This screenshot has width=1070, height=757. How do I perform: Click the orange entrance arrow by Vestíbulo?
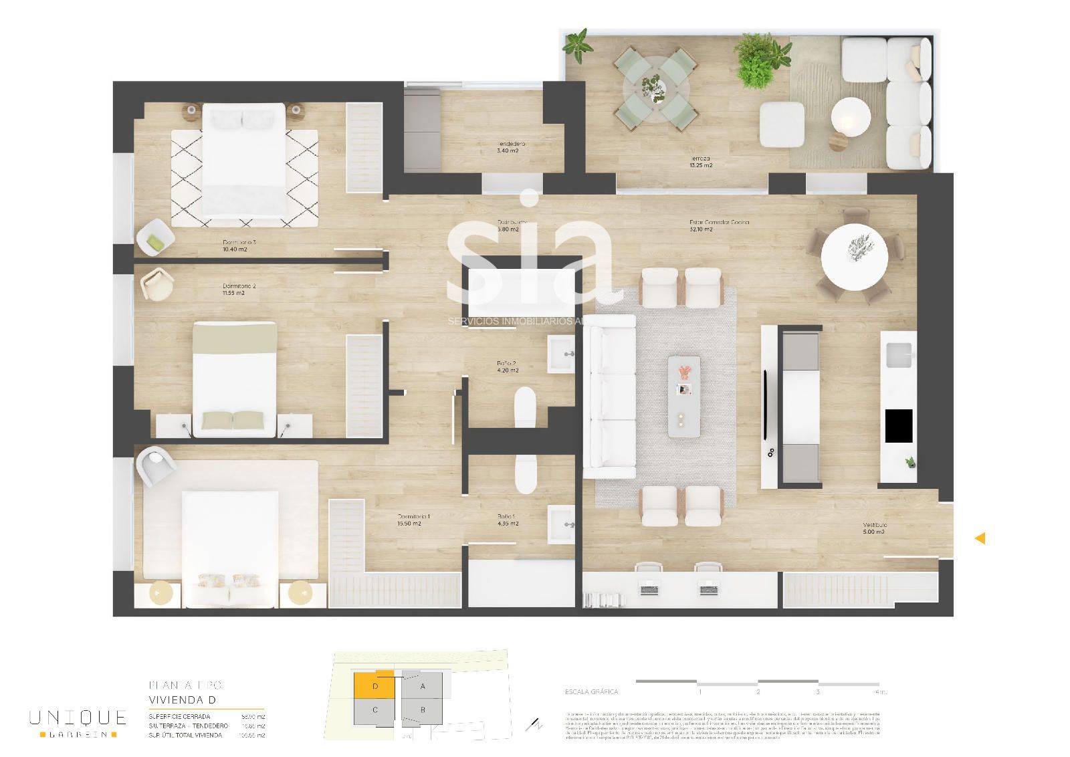pos(980,538)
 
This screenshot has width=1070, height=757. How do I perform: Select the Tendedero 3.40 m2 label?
pos(511,147)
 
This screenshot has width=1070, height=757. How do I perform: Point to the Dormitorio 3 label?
pos(239,245)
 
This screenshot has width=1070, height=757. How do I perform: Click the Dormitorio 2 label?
pos(239,289)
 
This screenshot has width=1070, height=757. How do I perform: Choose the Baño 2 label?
pos(506,366)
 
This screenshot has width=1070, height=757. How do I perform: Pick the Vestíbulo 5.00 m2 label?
pos(874,528)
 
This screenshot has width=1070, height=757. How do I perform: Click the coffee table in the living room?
pos(684,397)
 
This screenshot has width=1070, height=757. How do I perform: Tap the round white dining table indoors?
pos(854,255)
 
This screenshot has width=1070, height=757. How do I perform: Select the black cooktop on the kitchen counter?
pos(899,426)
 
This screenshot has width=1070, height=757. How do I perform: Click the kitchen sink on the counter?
pos(898,354)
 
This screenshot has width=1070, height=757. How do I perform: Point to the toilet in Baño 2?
pos(526,409)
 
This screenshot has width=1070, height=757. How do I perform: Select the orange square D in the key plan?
pos(374,686)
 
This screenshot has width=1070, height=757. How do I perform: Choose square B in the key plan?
pos(423,710)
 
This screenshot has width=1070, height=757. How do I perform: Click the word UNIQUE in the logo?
pos(78,718)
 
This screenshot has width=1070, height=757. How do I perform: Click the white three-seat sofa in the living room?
pos(610,396)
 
